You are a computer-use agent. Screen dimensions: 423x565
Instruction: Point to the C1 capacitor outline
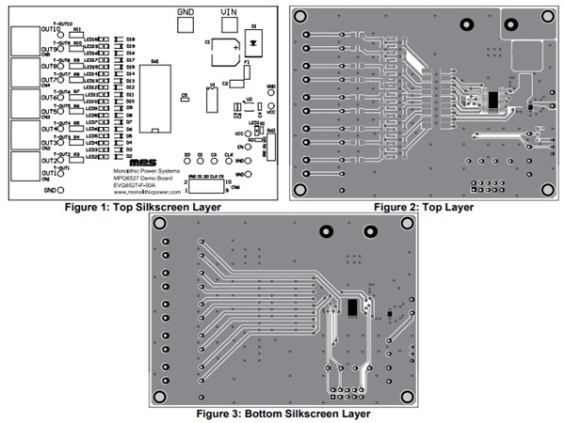click(x=223, y=51)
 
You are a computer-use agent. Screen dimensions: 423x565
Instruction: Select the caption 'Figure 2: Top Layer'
click(x=423, y=207)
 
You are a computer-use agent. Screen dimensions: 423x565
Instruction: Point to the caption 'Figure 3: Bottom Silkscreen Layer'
click(x=283, y=413)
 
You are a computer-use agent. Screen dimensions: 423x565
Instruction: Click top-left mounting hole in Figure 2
click(x=303, y=16)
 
